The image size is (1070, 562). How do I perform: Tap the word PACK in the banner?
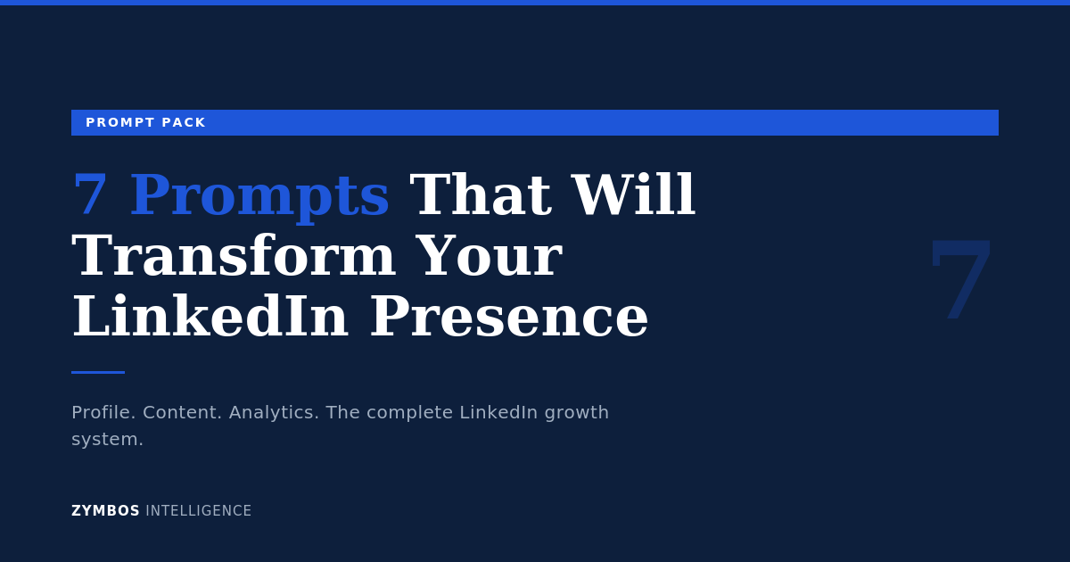184,122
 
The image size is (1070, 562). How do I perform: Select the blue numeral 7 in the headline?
90,195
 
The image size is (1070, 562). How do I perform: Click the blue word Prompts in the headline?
259,195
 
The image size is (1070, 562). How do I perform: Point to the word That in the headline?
481,195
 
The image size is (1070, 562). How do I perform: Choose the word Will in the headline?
633,195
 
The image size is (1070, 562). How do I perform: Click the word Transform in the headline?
234,256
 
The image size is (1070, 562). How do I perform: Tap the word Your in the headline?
489,256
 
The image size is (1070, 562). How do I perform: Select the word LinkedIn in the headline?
210,317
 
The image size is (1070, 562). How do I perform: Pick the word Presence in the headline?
509,317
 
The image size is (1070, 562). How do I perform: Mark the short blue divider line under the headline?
98,372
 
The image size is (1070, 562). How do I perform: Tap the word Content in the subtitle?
182,412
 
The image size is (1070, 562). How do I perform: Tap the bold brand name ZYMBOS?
105,511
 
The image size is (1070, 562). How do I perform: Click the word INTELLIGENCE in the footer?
199,511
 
